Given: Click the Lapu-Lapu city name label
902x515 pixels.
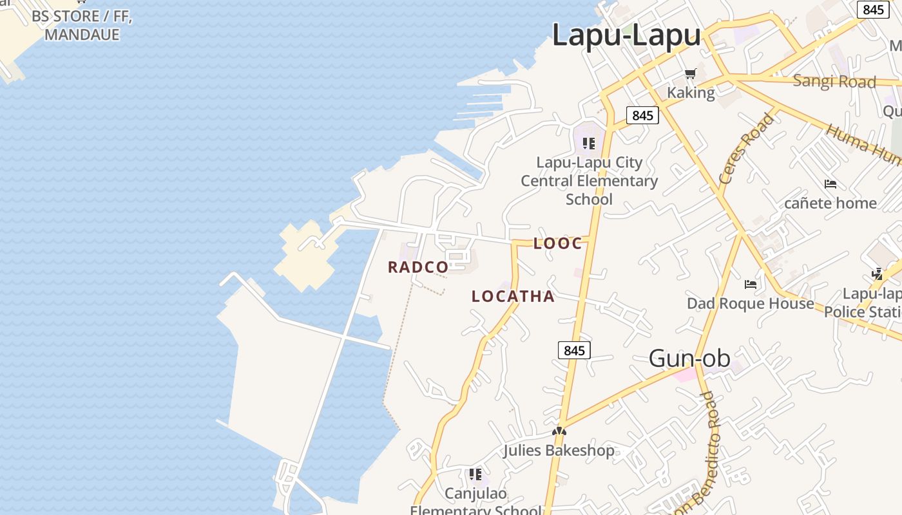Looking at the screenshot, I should [626, 35].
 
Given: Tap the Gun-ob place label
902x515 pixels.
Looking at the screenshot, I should [689, 359].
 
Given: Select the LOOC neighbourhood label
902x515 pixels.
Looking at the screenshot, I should [558, 243].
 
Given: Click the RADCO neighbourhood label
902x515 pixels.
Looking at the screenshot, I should [418, 267].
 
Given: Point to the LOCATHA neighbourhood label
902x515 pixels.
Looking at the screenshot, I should [513, 297].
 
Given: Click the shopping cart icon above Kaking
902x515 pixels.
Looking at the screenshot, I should [691, 74].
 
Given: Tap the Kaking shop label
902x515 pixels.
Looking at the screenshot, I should [691, 93].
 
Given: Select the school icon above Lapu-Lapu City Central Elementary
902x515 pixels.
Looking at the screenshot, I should [588, 143].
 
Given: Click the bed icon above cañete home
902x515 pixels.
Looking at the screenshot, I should [830, 184].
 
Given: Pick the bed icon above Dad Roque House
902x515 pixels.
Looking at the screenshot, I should [751, 284].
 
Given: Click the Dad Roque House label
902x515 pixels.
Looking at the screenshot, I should [751, 303].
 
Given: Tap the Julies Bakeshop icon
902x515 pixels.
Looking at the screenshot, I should [559, 432].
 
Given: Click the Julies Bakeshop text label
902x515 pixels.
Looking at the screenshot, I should [559, 450].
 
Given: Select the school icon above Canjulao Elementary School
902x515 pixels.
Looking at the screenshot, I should [475, 475].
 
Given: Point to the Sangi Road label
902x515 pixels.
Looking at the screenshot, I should [834, 82].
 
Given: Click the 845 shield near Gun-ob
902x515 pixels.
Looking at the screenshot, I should [574, 350].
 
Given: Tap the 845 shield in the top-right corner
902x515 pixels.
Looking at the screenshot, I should [873, 10].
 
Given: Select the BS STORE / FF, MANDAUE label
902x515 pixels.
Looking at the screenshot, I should [82, 26].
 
